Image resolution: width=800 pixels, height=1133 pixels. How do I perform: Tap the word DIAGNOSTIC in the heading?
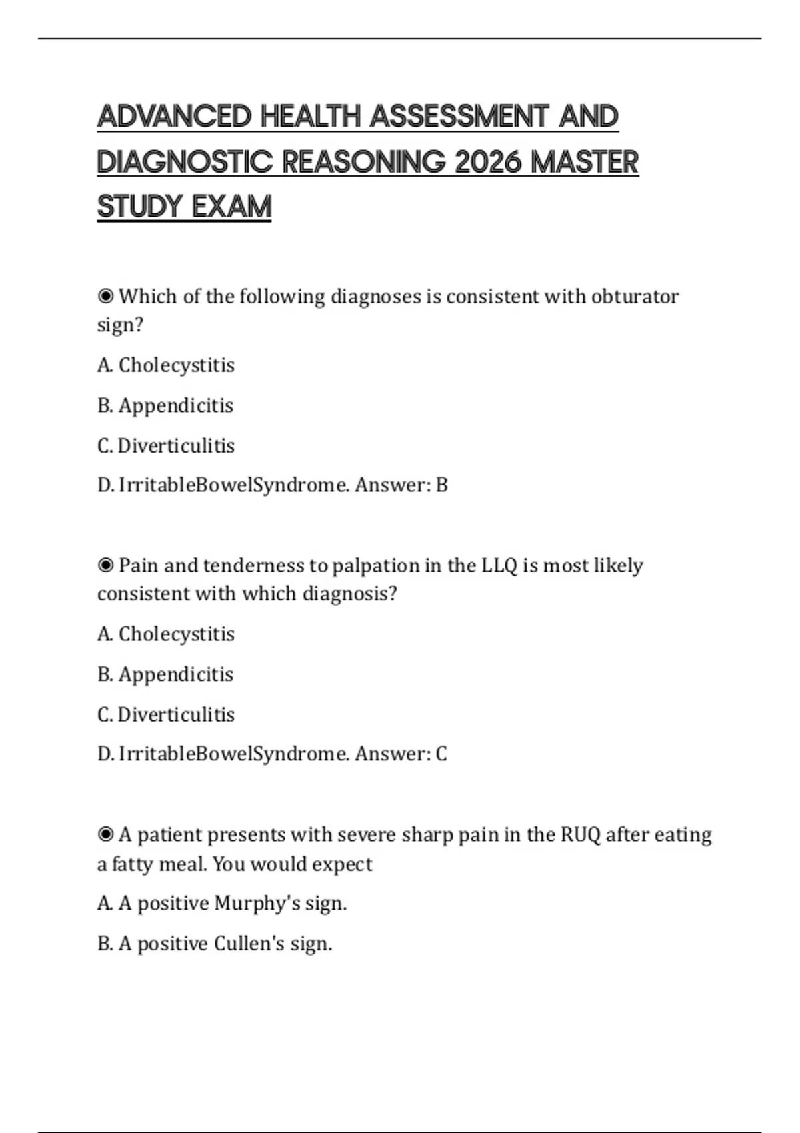tap(185, 162)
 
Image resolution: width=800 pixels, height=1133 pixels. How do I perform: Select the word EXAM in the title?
tap(231, 207)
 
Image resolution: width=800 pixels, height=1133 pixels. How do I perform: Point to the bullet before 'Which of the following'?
tap(105, 296)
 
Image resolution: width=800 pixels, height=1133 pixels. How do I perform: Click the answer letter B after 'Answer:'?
tap(441, 485)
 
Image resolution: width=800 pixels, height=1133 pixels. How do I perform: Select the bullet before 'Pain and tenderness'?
tap(105, 565)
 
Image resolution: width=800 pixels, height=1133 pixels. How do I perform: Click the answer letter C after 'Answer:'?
tap(441, 754)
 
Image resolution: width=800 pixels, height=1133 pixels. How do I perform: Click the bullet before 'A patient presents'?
tap(105, 834)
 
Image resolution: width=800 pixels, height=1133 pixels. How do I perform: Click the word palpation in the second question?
tap(375, 565)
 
